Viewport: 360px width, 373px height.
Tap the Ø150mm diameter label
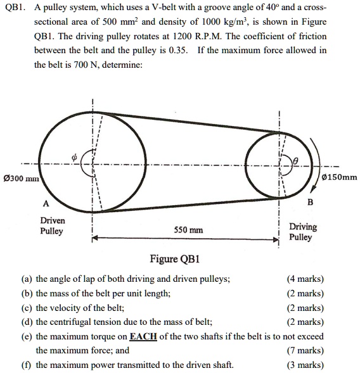click(340, 177)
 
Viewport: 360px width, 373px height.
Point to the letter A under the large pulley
click(45, 204)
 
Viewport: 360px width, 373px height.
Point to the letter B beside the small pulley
click(310, 203)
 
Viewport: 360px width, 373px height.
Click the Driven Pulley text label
click(52, 226)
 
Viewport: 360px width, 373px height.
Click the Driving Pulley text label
click(302, 232)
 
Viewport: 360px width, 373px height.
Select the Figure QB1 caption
click(174, 258)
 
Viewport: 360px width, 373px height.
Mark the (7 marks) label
click(305, 350)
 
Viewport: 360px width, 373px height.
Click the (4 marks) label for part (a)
click(305, 279)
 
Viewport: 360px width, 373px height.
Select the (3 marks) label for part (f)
click(305, 365)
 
